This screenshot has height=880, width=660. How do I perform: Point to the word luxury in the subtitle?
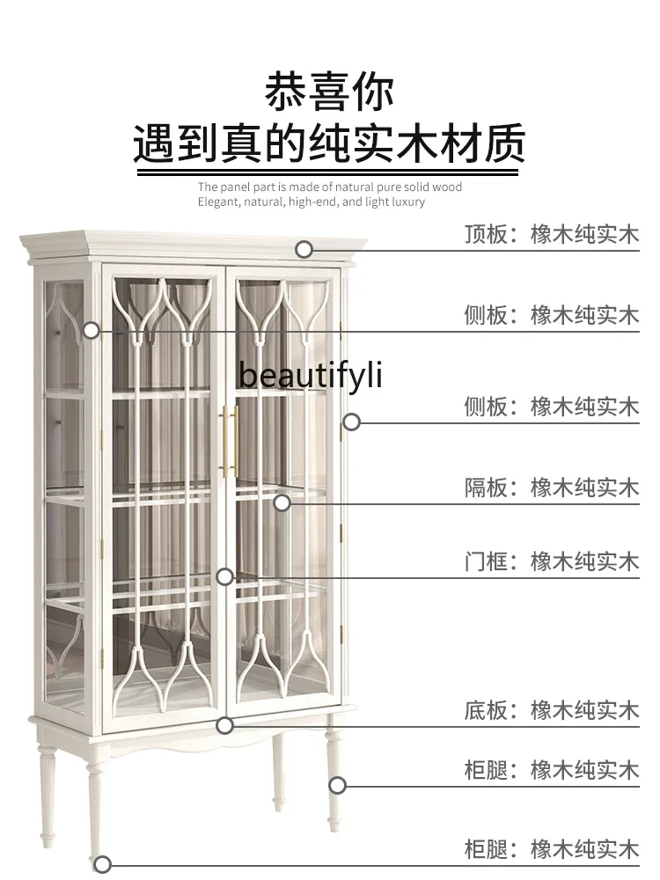tap(406, 202)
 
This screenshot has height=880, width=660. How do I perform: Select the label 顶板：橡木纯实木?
tap(552, 234)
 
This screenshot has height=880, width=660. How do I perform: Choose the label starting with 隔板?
tap(552, 487)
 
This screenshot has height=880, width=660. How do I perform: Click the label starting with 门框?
tap(552, 561)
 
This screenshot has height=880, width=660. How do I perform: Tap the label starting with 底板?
tap(552, 709)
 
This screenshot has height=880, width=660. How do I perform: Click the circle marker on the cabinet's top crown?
tap(304, 249)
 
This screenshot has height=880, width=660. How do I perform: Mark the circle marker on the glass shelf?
tap(282, 502)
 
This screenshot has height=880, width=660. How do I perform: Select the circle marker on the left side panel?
tap(92, 331)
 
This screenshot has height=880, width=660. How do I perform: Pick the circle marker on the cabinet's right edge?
tap(351, 422)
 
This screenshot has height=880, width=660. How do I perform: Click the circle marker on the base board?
tap(225, 725)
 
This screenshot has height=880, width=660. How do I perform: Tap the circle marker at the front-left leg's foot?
tap(103, 864)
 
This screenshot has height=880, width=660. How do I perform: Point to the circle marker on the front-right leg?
tap(337, 785)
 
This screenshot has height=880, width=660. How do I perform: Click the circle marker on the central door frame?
tap(225, 576)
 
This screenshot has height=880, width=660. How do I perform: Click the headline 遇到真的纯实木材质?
tap(330, 143)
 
